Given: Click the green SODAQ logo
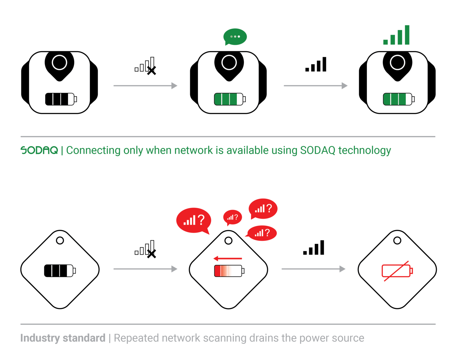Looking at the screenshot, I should tap(39, 150).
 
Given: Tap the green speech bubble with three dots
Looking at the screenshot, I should tap(235, 37).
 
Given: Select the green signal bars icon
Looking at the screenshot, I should tap(397, 35).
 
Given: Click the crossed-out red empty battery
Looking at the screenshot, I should tap(397, 271).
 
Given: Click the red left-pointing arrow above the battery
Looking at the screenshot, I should tap(228, 258).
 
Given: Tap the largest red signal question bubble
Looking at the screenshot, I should tap(194, 220).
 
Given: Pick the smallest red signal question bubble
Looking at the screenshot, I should tap(232, 217).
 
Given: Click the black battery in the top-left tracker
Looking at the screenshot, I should tap(61, 99).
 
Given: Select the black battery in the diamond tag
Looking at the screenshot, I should tap(60, 271).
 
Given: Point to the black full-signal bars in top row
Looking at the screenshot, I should tap(316, 65).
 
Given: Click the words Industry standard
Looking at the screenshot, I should tap(63, 338).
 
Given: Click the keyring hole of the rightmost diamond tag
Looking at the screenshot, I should tap(397, 240).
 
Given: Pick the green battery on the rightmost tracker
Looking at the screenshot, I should tap(398, 99).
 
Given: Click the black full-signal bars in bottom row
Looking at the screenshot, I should tap(314, 248).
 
